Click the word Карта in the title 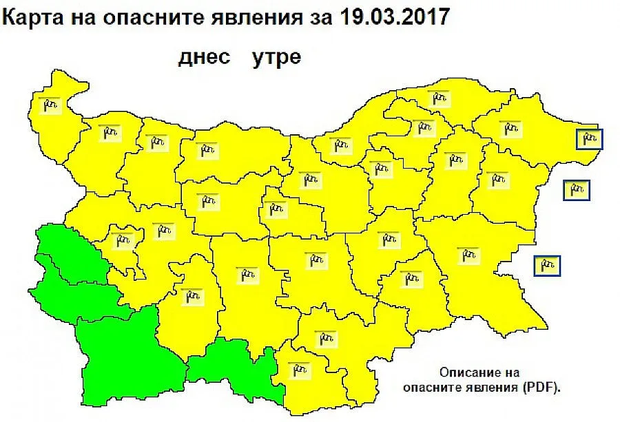pyautogui.click(x=32, y=17)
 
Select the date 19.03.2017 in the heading pyautogui.click(x=395, y=17)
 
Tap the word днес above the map pyautogui.click(x=204, y=56)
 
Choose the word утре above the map pyautogui.click(x=276, y=56)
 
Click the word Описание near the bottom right pyautogui.click(x=471, y=372)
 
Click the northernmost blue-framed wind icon pyautogui.click(x=589, y=139)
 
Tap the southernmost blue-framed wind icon pyautogui.click(x=547, y=265)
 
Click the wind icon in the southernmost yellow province pyautogui.click(x=298, y=370)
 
